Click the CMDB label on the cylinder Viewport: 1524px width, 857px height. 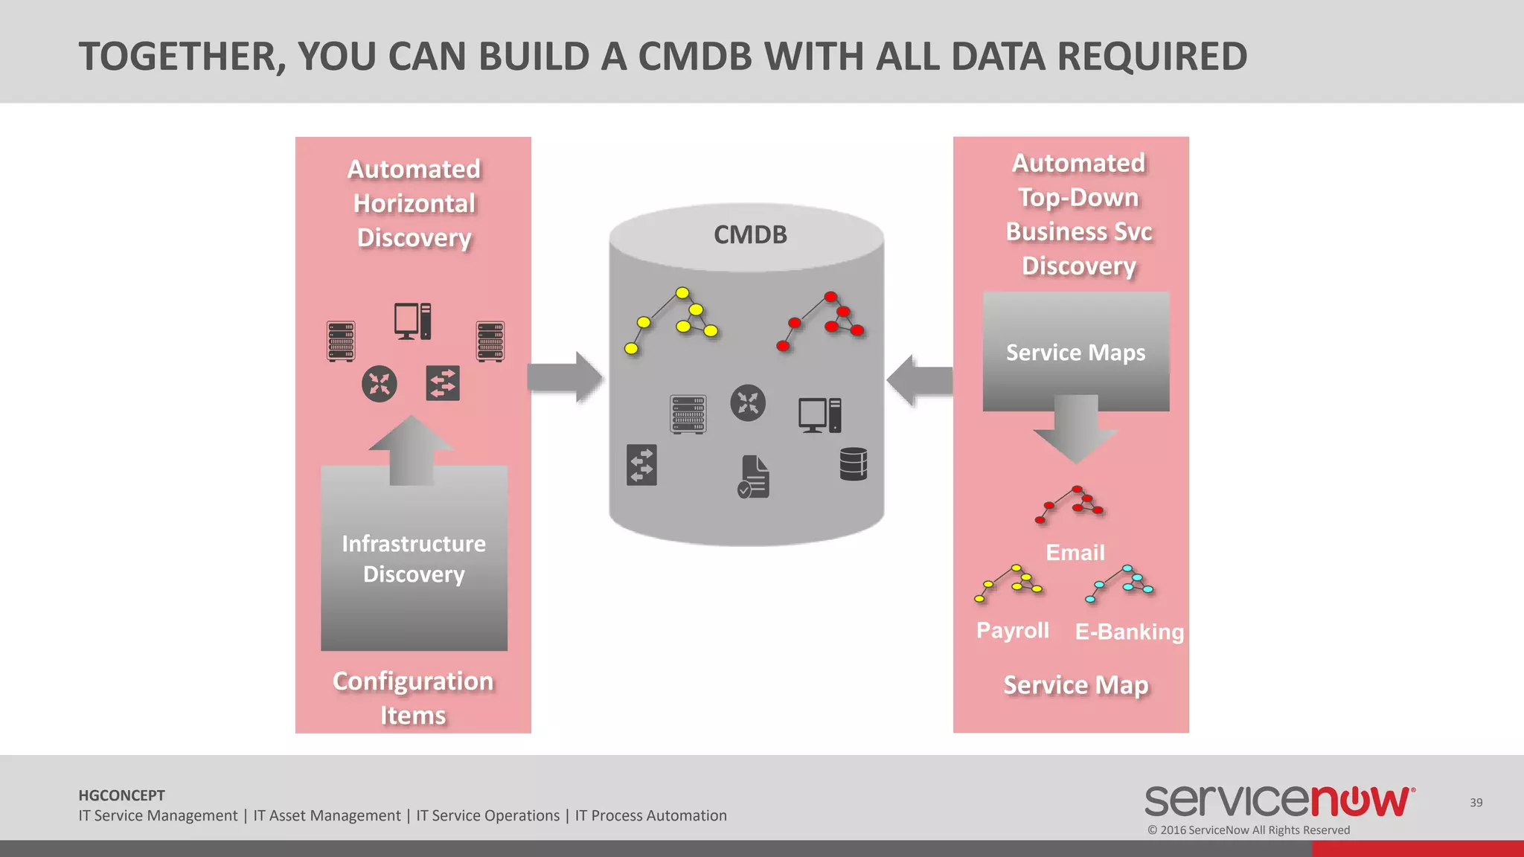[750, 235]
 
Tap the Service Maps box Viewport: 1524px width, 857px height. [1075, 352]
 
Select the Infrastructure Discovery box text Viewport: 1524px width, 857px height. [414, 559]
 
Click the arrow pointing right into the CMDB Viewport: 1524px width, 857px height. [565, 378]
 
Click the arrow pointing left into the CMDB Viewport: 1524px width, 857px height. [921, 380]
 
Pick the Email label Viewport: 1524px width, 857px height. [1075, 553]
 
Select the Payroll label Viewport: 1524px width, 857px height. [1012, 630]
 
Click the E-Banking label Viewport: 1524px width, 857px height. [1129, 632]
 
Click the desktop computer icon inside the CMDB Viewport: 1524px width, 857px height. [819, 415]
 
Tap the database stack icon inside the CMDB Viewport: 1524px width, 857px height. [853, 464]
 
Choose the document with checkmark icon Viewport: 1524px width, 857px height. [753, 477]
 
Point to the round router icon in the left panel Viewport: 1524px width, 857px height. [380, 384]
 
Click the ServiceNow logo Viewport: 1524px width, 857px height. [1278, 800]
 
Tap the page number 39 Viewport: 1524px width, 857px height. [1476, 803]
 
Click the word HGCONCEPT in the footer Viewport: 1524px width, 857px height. [121, 795]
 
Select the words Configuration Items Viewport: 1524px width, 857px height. [413, 698]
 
